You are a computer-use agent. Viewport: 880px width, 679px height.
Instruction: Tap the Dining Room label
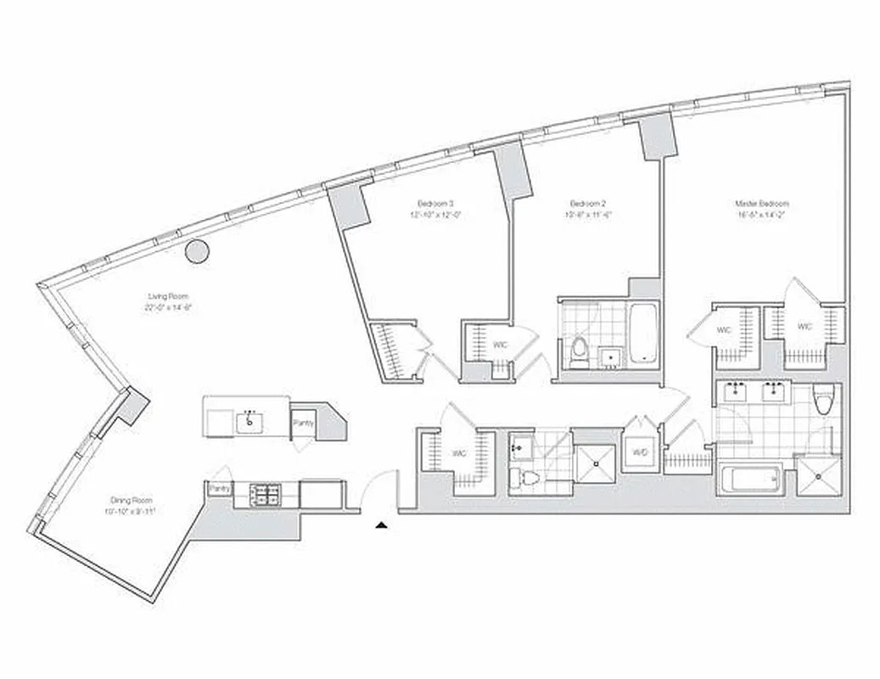[x=132, y=500]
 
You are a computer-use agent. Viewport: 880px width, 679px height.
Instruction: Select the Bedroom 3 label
[x=435, y=203]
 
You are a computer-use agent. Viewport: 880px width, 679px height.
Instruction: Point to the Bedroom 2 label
[x=586, y=204]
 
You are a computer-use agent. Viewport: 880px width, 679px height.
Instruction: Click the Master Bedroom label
[x=762, y=204]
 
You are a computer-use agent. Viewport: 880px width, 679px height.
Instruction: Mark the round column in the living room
[x=198, y=250]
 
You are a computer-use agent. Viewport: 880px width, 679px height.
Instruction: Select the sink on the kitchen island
[x=249, y=421]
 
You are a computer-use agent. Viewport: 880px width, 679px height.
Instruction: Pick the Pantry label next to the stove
[x=220, y=489]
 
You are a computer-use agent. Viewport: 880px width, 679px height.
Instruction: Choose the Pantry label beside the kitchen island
[x=301, y=422]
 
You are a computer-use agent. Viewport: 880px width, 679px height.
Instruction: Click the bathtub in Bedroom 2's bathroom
[x=642, y=333]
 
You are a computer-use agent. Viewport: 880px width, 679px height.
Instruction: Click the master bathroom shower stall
[x=819, y=479]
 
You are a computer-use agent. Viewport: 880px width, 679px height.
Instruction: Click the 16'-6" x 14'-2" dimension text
[x=762, y=215]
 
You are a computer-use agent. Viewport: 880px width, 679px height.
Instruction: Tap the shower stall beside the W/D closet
[x=597, y=463]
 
